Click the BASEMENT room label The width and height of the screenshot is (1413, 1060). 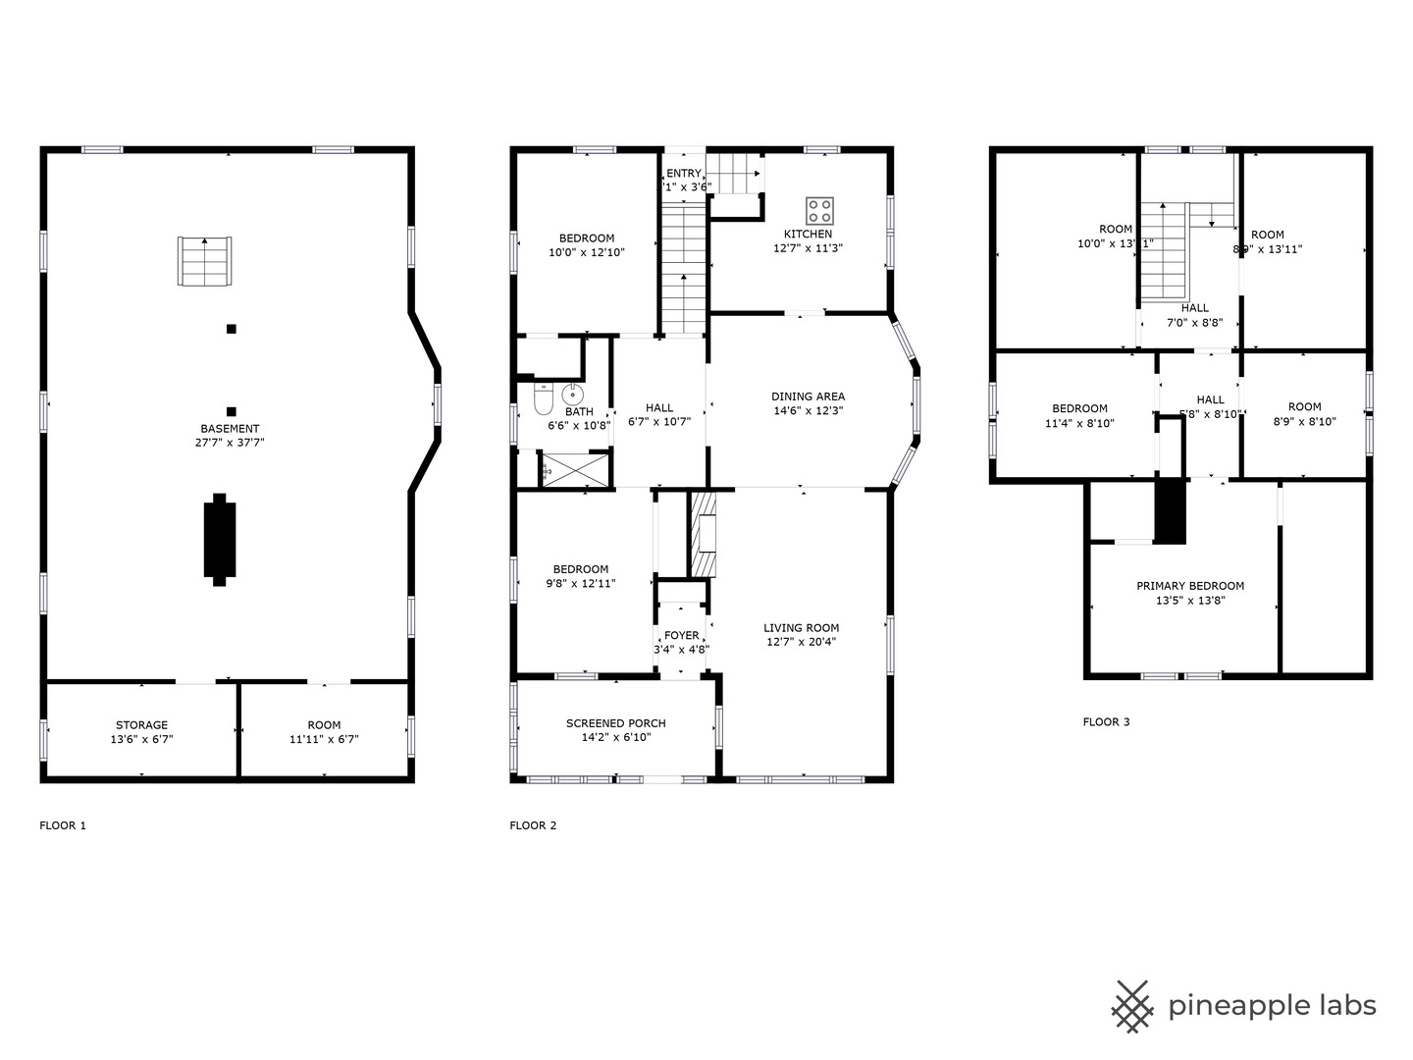[x=230, y=429]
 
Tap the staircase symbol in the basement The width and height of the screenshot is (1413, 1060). [x=206, y=261]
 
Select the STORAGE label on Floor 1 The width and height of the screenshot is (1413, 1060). [x=141, y=725]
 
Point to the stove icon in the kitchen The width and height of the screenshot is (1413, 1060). [x=820, y=210]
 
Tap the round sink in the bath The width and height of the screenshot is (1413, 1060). [x=573, y=395]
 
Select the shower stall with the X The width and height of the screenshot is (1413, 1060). [x=575, y=469]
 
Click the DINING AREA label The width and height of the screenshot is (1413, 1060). [x=808, y=397]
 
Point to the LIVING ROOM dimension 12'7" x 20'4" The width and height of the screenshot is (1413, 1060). [x=801, y=642]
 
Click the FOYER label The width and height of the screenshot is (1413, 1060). [x=682, y=636]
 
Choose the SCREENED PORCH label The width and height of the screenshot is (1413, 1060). [x=615, y=723]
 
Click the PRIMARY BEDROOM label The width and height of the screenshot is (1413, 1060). [x=1190, y=586]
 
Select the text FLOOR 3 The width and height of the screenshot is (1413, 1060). [x=1106, y=722]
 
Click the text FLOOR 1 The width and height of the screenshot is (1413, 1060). [x=63, y=825]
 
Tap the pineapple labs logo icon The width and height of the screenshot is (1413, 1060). [x=1132, y=1006]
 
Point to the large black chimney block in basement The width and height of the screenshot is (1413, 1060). [x=220, y=539]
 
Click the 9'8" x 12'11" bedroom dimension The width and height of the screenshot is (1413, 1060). [x=581, y=584]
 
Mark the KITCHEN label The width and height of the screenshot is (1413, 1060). [x=808, y=234]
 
